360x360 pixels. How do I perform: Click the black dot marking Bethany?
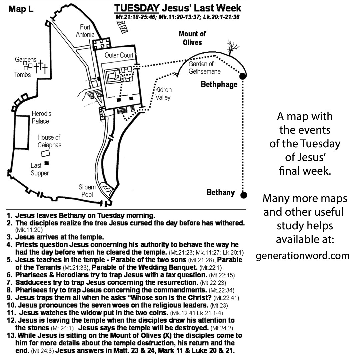click(x=244, y=195)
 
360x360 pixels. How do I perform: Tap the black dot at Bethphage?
click(x=243, y=76)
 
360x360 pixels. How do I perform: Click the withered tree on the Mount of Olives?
click(x=230, y=47)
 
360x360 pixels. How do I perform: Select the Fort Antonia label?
click(x=85, y=31)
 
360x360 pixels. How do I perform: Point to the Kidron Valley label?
click(x=163, y=94)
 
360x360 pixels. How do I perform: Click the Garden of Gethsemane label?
click(x=204, y=67)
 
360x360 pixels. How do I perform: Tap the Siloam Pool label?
click(x=87, y=191)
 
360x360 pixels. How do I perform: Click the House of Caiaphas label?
click(x=49, y=141)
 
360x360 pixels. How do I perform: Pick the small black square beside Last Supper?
click(x=47, y=163)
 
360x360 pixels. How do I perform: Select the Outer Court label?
click(x=119, y=55)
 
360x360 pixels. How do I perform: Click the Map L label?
click(x=21, y=9)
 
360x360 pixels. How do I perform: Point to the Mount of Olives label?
click(x=192, y=38)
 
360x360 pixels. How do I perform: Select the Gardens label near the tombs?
click(x=26, y=60)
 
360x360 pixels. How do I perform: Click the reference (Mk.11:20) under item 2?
click(x=29, y=230)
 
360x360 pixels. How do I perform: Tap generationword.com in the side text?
click(x=303, y=256)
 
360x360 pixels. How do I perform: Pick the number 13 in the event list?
click(x=10, y=335)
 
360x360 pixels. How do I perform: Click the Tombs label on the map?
click(x=22, y=75)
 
